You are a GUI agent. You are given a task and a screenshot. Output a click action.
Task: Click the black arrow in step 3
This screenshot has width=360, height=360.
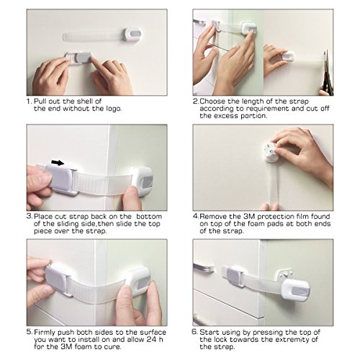58,163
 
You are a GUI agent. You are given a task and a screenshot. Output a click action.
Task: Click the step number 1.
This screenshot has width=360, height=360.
29,102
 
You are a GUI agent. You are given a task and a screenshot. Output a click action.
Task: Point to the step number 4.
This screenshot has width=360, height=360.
196,216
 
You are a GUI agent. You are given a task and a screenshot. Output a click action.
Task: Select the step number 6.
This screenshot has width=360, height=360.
195,332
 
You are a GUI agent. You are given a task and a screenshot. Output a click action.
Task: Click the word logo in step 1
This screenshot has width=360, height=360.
114,109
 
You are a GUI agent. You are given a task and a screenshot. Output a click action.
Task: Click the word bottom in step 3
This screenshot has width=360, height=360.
149,216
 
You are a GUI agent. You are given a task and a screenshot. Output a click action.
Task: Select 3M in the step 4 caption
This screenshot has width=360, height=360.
249,216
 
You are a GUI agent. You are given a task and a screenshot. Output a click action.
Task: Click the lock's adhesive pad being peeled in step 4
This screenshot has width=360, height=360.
270,153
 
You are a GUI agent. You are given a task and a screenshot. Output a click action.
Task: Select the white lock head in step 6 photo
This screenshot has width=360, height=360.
295,289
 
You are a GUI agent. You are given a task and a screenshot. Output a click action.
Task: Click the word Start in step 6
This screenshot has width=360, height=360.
210,332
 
